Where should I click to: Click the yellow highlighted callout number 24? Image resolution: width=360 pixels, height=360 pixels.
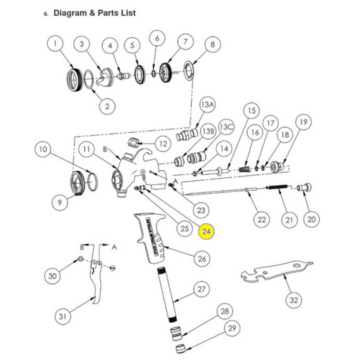(x=207, y=231)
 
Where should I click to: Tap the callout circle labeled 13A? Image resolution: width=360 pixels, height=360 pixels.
(x=208, y=105)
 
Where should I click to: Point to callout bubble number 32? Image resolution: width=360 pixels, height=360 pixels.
(x=293, y=300)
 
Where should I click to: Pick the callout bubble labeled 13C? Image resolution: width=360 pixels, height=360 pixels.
(x=226, y=126)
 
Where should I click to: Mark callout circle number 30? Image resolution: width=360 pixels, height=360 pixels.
(x=53, y=276)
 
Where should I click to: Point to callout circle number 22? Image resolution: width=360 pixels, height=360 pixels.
(x=261, y=219)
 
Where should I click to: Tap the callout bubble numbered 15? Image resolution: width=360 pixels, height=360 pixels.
(x=251, y=110)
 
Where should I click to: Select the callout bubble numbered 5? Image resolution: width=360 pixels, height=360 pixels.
(x=133, y=45)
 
